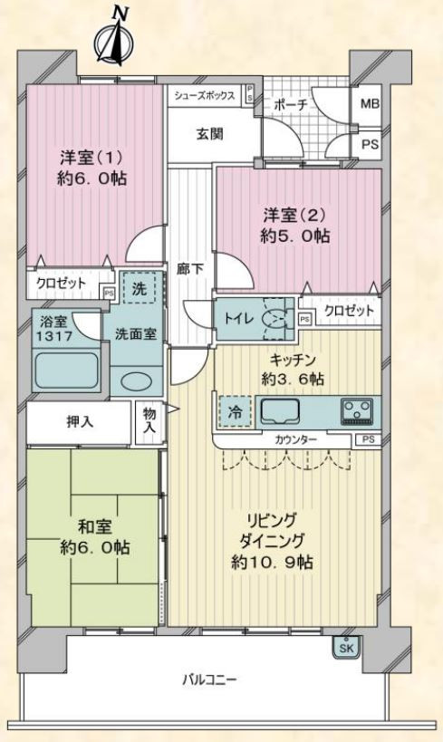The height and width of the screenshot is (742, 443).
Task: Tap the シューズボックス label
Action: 205,96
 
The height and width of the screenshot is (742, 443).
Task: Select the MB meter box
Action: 370,103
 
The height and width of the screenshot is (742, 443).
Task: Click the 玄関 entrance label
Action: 209,134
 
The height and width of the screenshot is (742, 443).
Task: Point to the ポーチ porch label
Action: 290,105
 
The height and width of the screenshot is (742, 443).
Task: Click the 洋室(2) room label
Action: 294,216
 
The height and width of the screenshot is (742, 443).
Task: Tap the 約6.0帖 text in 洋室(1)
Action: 92,178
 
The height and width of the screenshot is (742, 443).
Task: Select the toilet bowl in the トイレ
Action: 275,319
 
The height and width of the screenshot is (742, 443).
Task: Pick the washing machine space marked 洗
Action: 139,289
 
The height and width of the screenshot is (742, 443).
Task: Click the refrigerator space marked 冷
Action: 235,411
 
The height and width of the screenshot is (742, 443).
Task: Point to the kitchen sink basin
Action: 280,411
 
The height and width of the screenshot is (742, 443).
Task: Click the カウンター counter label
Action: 296,439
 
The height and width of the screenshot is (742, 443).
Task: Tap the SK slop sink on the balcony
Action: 346,648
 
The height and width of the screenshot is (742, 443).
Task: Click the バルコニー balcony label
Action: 209,681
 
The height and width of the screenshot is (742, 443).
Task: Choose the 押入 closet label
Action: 80,421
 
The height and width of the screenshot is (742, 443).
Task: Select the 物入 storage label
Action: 149,420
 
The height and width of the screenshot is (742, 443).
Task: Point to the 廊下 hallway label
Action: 190,269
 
